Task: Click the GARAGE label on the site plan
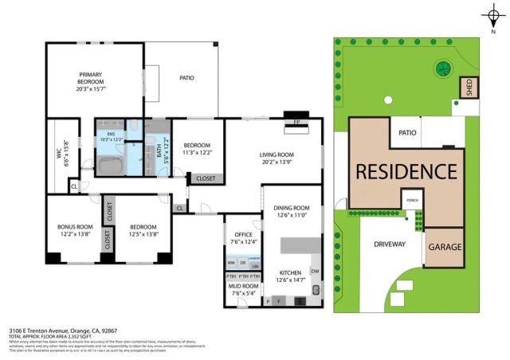(445, 247)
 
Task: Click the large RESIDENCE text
(406, 172)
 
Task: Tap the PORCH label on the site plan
(411, 201)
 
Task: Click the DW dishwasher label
(316, 271)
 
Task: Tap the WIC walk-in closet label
(58, 149)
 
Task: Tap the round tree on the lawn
(441, 69)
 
